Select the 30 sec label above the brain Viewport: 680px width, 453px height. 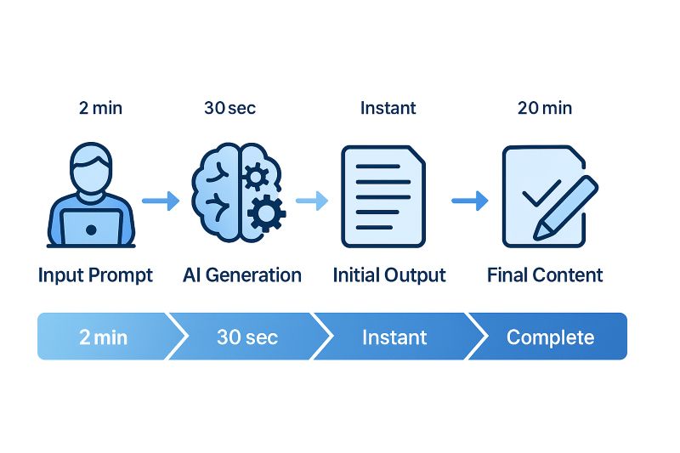point(229,108)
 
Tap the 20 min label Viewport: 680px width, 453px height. point(544,108)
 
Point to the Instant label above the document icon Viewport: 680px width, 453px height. point(388,108)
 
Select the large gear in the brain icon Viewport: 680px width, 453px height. point(266,212)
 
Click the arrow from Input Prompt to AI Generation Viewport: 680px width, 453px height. point(160,201)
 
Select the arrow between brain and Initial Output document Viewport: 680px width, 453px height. point(311,201)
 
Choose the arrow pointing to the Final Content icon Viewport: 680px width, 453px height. point(469,201)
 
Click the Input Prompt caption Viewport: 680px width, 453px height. point(95,275)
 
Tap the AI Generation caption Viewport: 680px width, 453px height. point(242,275)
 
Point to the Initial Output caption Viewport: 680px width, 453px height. point(389,275)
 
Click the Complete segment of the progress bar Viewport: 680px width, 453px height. point(550,337)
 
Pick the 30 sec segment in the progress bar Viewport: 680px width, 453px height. point(246,337)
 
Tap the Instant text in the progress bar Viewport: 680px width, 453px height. point(394,337)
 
